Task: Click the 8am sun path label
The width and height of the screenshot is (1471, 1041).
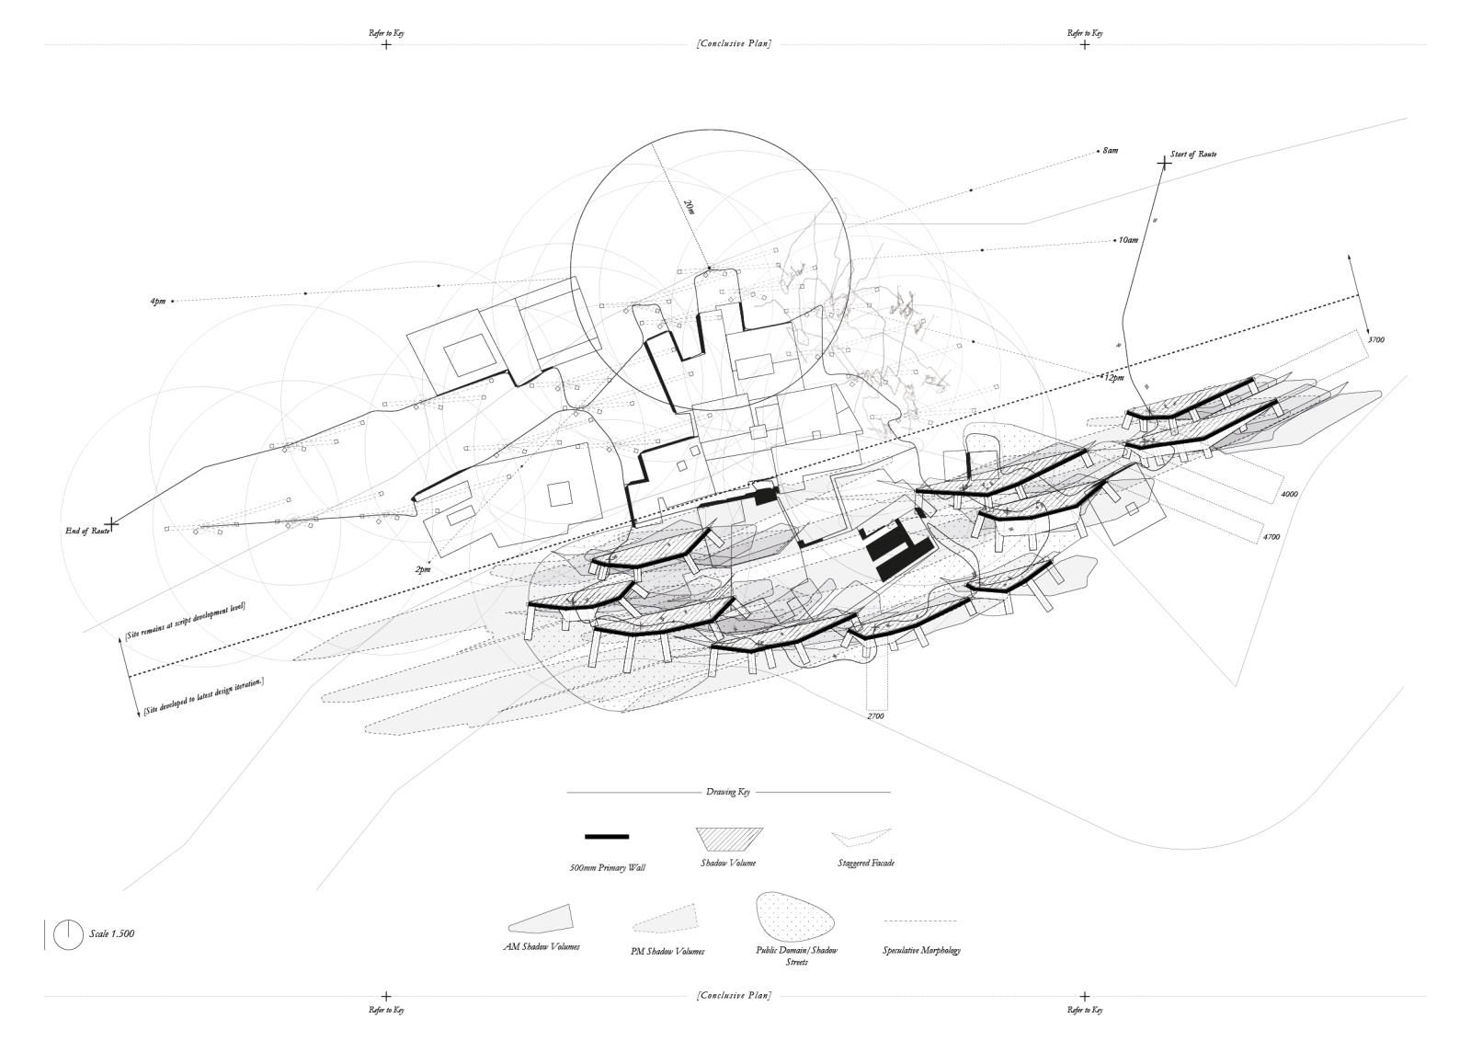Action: click(x=1111, y=150)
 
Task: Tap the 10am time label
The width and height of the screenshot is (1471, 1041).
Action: click(x=1128, y=240)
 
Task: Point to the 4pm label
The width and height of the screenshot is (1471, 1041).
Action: click(x=158, y=302)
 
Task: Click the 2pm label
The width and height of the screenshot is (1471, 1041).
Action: click(x=422, y=570)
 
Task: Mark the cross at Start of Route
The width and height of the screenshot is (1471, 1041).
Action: click(x=1164, y=163)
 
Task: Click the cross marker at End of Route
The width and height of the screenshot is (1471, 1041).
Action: click(x=112, y=523)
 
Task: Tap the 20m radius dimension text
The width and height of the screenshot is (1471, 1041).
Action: click(x=690, y=207)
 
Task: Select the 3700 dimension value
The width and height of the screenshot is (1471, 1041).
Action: click(x=1376, y=340)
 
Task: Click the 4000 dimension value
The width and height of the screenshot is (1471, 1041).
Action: click(x=1289, y=494)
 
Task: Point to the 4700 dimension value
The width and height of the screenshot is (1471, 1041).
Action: click(x=1271, y=536)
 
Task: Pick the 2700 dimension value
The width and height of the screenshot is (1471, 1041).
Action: click(x=875, y=715)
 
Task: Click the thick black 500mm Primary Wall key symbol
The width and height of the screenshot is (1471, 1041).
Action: click(x=607, y=837)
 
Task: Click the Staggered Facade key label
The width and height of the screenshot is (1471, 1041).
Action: click(x=866, y=864)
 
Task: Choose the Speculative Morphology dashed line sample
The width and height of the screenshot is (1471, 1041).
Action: click(x=919, y=921)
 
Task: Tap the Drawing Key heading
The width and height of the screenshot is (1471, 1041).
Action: click(x=728, y=792)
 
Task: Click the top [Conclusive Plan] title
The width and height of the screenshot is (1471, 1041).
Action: click(x=734, y=43)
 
